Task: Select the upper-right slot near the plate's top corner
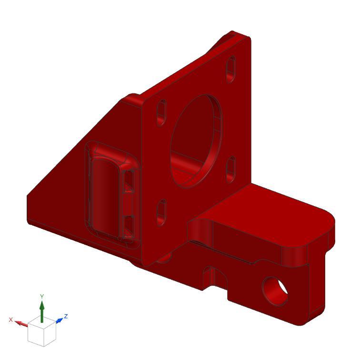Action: tap(230, 68)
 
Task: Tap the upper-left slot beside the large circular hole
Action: tap(161, 113)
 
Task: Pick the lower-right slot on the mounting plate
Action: tap(231, 169)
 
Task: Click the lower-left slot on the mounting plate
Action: tap(161, 212)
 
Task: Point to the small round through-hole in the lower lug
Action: tap(275, 291)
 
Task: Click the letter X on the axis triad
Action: tap(10, 319)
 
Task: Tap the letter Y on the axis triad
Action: tap(42, 297)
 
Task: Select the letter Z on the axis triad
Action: tap(66, 316)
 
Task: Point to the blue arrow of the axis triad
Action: tap(59, 320)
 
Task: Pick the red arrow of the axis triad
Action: tap(21, 323)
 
